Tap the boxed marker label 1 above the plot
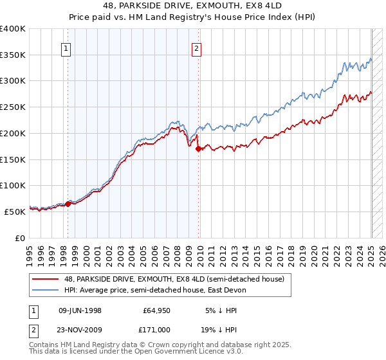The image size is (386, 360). pyautogui.click(x=67, y=47)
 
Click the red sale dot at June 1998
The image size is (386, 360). pyautogui.click(x=68, y=204)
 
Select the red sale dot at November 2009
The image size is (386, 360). pyautogui.click(x=198, y=148)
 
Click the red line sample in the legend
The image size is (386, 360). pyautogui.click(x=46, y=278)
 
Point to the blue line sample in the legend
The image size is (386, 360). pyautogui.click(x=46, y=290)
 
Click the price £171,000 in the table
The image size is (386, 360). pyautogui.click(x=158, y=328)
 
